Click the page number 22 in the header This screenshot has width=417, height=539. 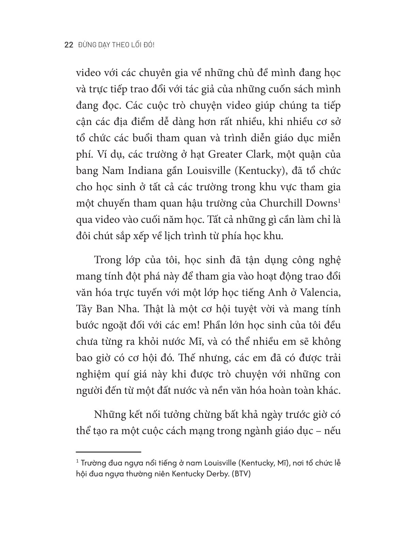tap(68, 45)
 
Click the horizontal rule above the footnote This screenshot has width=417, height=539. tap(108, 452)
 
